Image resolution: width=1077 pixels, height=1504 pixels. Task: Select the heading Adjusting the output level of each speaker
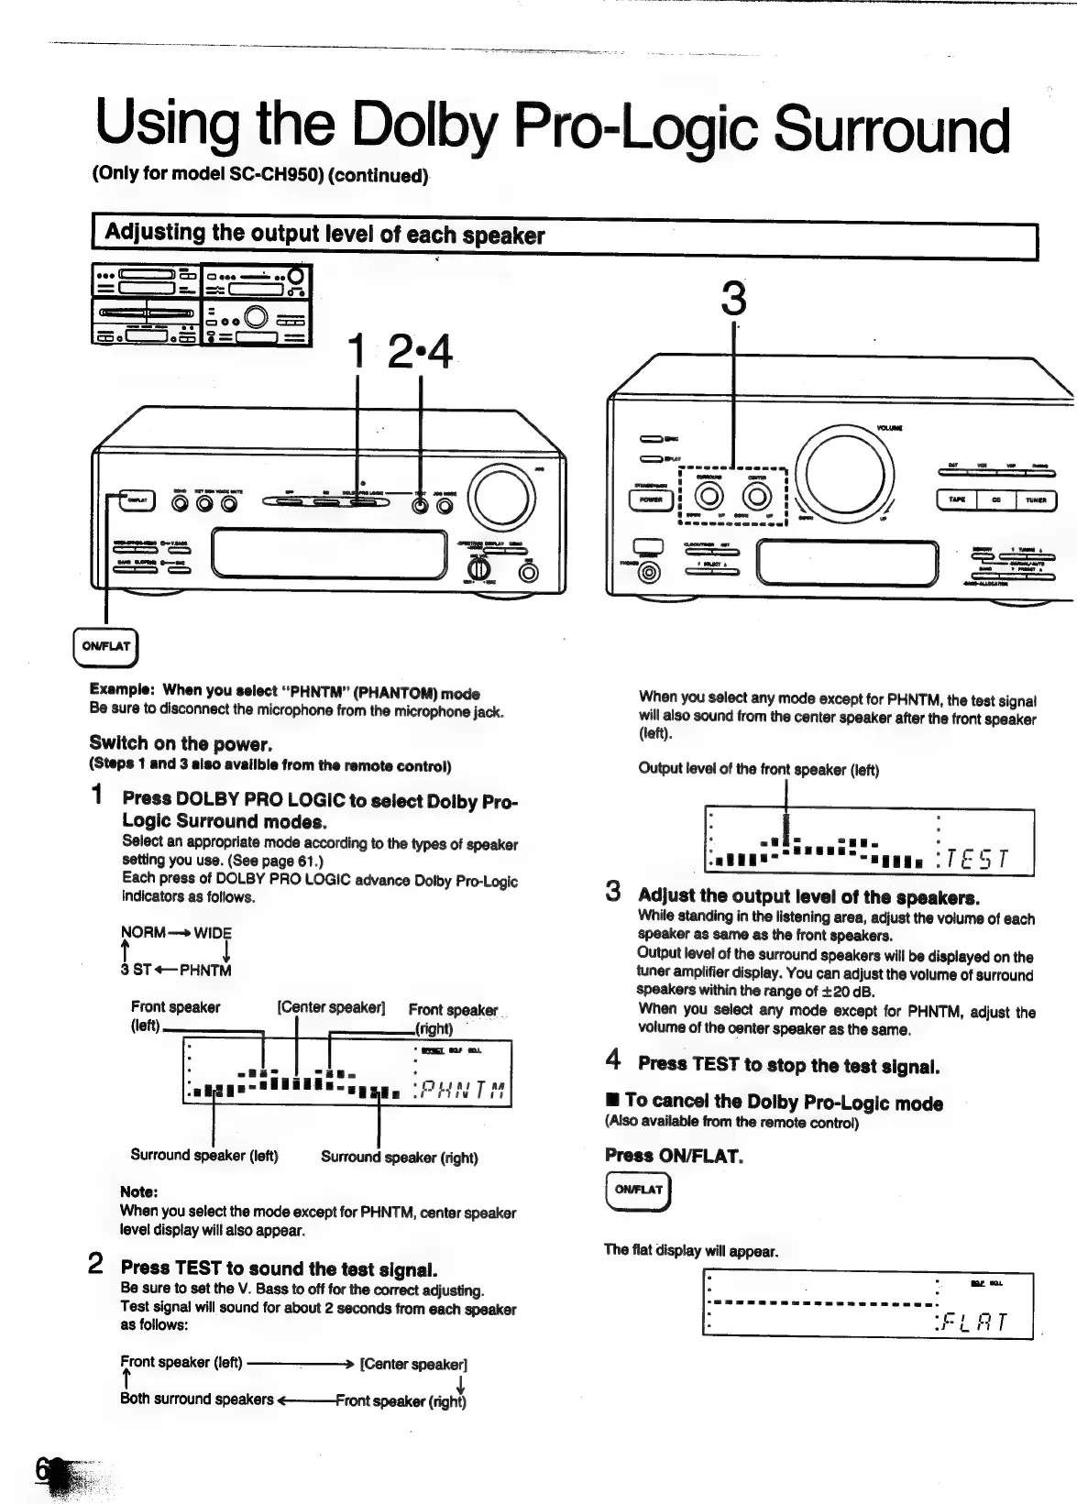[324, 234]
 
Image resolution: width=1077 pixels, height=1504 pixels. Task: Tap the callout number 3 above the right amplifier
[733, 299]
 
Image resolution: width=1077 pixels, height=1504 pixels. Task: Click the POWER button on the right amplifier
[650, 500]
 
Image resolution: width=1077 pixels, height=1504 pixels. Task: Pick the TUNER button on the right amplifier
[1035, 500]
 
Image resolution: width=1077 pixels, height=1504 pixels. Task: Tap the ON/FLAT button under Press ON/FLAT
[638, 1190]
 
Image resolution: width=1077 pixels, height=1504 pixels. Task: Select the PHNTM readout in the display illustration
[466, 1088]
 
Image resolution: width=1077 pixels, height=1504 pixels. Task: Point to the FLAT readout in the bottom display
[974, 1322]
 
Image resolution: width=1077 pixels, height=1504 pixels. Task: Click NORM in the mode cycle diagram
[143, 933]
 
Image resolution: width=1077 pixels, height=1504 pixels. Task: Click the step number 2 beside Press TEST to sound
[95, 1265]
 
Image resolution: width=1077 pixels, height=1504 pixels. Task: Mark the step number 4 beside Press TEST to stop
[613, 1060]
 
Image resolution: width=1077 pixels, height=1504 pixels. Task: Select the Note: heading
[139, 1191]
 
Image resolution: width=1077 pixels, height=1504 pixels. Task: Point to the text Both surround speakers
[196, 1399]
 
